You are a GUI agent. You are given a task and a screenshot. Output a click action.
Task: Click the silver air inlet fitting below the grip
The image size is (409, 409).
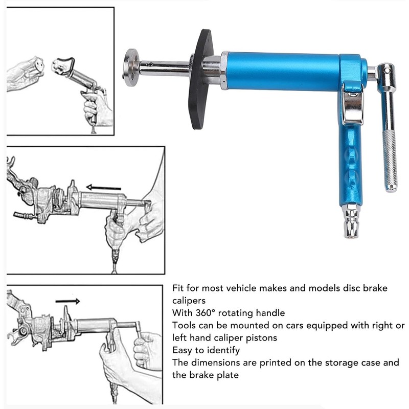point(350,221)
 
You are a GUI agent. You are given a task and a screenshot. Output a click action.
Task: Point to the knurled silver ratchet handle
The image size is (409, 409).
point(390,158)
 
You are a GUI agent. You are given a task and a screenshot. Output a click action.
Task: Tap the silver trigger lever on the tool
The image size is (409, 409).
point(352,102)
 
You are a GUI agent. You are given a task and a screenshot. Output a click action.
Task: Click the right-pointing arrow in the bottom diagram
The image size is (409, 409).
point(67,301)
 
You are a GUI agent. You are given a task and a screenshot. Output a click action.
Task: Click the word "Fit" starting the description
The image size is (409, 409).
point(178,288)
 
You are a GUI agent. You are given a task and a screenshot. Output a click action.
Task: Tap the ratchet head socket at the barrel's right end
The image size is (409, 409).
point(385,72)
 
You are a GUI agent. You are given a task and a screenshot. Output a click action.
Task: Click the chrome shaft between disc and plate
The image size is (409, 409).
point(164,66)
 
